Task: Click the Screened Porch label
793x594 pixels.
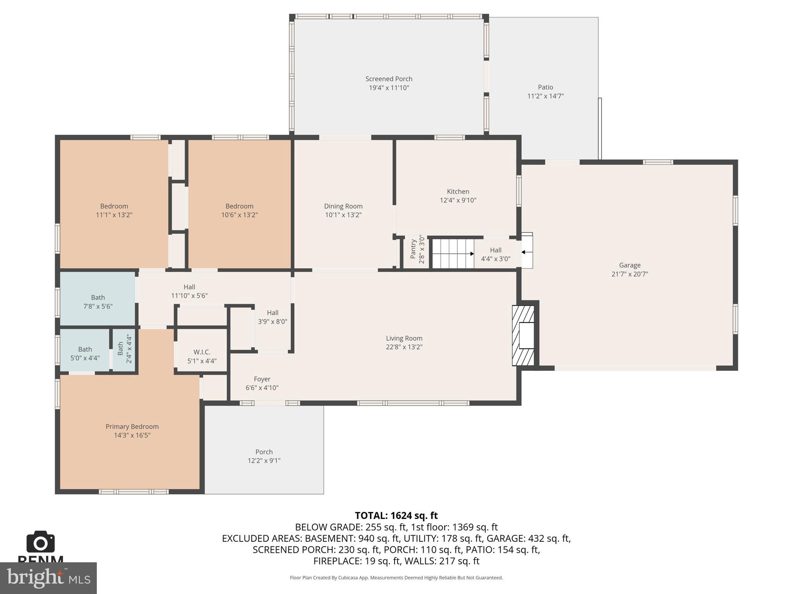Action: point(389,79)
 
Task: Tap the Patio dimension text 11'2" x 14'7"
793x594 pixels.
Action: point(545,96)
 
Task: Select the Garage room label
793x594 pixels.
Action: point(629,265)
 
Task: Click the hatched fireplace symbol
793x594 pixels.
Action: point(523,335)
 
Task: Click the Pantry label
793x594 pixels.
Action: point(413,249)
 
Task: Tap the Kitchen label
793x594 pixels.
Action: point(458,191)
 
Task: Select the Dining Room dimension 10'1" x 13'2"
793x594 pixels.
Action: point(343,215)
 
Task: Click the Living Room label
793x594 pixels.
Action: point(404,338)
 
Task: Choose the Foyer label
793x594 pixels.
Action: point(262,379)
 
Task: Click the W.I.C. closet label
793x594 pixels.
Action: point(202,352)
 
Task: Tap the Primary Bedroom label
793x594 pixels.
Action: point(132,427)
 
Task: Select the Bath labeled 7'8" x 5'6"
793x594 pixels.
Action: point(98,302)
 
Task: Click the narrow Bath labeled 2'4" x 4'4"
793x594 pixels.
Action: point(124,349)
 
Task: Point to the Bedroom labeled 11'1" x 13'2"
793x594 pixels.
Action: point(114,210)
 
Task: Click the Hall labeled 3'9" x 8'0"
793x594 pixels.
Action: point(272,317)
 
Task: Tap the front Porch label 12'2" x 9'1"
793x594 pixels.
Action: point(264,456)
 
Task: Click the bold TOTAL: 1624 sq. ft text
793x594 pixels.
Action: point(396,515)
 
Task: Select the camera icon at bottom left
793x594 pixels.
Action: point(40,542)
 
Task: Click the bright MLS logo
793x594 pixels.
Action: point(48,578)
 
